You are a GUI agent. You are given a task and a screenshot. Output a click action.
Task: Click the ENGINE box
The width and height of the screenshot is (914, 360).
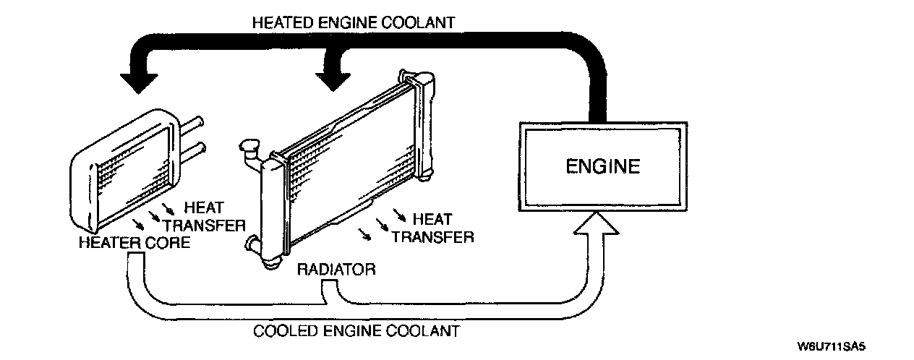click(602, 166)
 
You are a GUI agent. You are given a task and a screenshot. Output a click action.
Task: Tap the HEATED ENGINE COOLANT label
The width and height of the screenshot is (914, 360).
click(354, 22)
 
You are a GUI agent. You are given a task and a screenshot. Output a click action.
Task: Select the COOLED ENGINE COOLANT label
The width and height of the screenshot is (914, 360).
click(356, 332)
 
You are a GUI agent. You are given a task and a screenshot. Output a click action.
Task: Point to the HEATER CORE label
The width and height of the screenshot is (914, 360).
click(134, 243)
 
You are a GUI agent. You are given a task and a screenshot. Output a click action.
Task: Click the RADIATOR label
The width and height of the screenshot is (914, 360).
click(336, 270)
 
